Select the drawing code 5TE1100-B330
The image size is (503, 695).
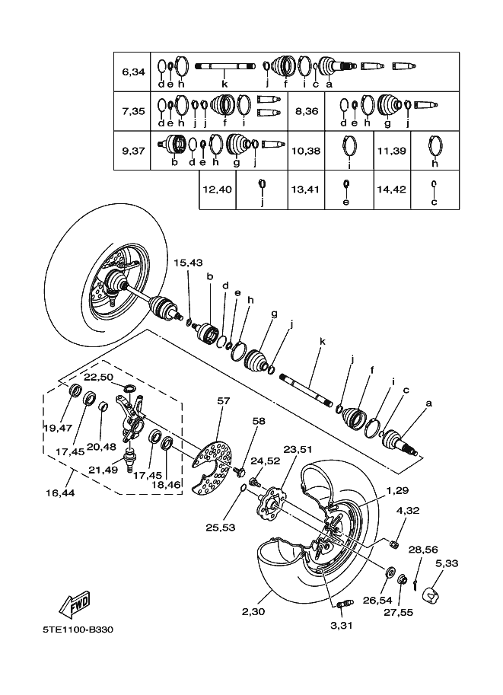[78, 630]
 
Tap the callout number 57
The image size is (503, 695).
[224, 400]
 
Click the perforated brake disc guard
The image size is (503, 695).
[212, 467]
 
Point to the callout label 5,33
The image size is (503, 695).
[447, 563]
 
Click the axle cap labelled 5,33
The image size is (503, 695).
[431, 595]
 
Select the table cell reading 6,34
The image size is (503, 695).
[132, 72]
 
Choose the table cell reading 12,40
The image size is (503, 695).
[217, 190]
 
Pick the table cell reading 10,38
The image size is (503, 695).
[306, 151]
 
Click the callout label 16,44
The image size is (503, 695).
[60, 493]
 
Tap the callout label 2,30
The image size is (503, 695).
[253, 612]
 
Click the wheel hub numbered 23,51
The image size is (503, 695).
[269, 505]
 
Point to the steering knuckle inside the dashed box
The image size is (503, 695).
[131, 419]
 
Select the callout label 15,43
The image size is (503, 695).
[188, 263]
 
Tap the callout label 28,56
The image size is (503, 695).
[423, 550]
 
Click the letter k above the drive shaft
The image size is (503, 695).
[322, 341]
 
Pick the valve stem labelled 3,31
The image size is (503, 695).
[344, 604]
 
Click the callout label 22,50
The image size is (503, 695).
[98, 377]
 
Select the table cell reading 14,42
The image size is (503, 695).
[392, 190]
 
